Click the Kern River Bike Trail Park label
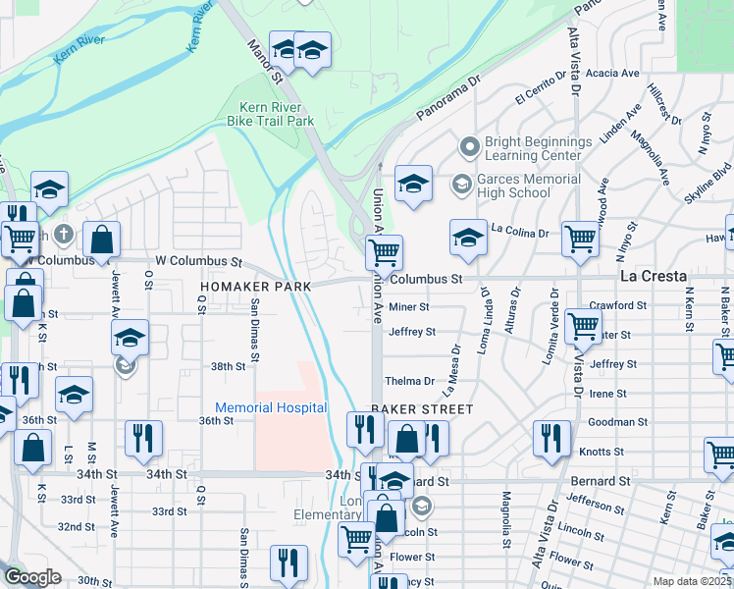[x=277, y=114]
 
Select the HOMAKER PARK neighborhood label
[x=255, y=286]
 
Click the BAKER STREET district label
[x=422, y=408]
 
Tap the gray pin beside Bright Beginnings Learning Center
[x=469, y=148]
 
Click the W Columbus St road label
[x=198, y=262]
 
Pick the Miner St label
[x=409, y=307]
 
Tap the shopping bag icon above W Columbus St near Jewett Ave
[x=101, y=238]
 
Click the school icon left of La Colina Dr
[x=468, y=237]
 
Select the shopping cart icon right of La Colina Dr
[x=581, y=237]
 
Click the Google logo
[x=32, y=577]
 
